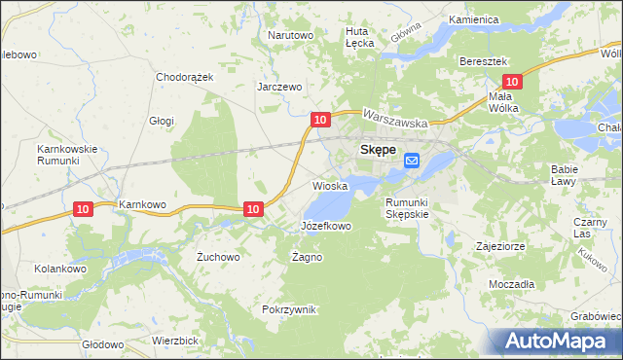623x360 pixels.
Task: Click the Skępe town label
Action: (x=377, y=151)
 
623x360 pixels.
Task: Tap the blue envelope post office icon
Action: (x=411, y=162)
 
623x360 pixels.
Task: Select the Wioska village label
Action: (x=330, y=185)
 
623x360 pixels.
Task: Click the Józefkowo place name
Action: (x=325, y=226)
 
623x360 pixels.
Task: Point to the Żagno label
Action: (x=307, y=258)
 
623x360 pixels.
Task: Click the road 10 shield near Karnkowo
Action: (x=84, y=208)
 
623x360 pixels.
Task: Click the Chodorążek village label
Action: (x=184, y=76)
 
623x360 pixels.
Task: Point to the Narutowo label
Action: (x=290, y=35)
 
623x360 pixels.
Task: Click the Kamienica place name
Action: (x=474, y=19)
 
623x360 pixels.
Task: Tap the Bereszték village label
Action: (x=485, y=60)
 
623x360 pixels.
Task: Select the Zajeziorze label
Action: (x=500, y=246)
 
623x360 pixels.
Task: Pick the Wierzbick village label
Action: (x=175, y=341)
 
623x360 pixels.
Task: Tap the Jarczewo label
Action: (x=279, y=87)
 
